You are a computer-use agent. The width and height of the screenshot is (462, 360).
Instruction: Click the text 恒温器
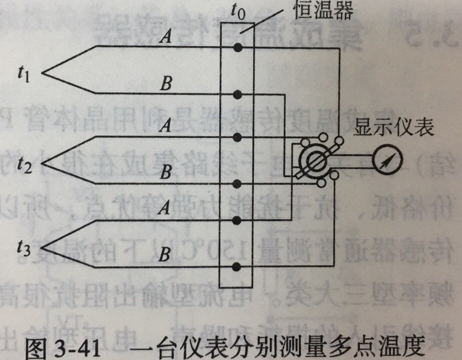point(322,10)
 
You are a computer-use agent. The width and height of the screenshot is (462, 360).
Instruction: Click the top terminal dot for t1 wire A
point(238,47)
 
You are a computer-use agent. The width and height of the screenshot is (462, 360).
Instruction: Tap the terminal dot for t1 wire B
point(238,94)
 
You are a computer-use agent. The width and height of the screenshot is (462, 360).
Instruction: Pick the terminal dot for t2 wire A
point(238,137)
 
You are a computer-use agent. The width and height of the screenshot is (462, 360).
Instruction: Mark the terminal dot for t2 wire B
point(238,183)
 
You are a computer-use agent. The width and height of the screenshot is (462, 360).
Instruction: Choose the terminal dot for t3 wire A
point(238,219)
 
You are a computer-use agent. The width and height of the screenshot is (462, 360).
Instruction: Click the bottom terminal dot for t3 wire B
point(238,266)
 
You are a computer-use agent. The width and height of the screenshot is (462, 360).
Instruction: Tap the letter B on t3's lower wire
point(163,254)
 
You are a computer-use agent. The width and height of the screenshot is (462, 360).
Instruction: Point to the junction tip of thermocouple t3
point(42,246)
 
